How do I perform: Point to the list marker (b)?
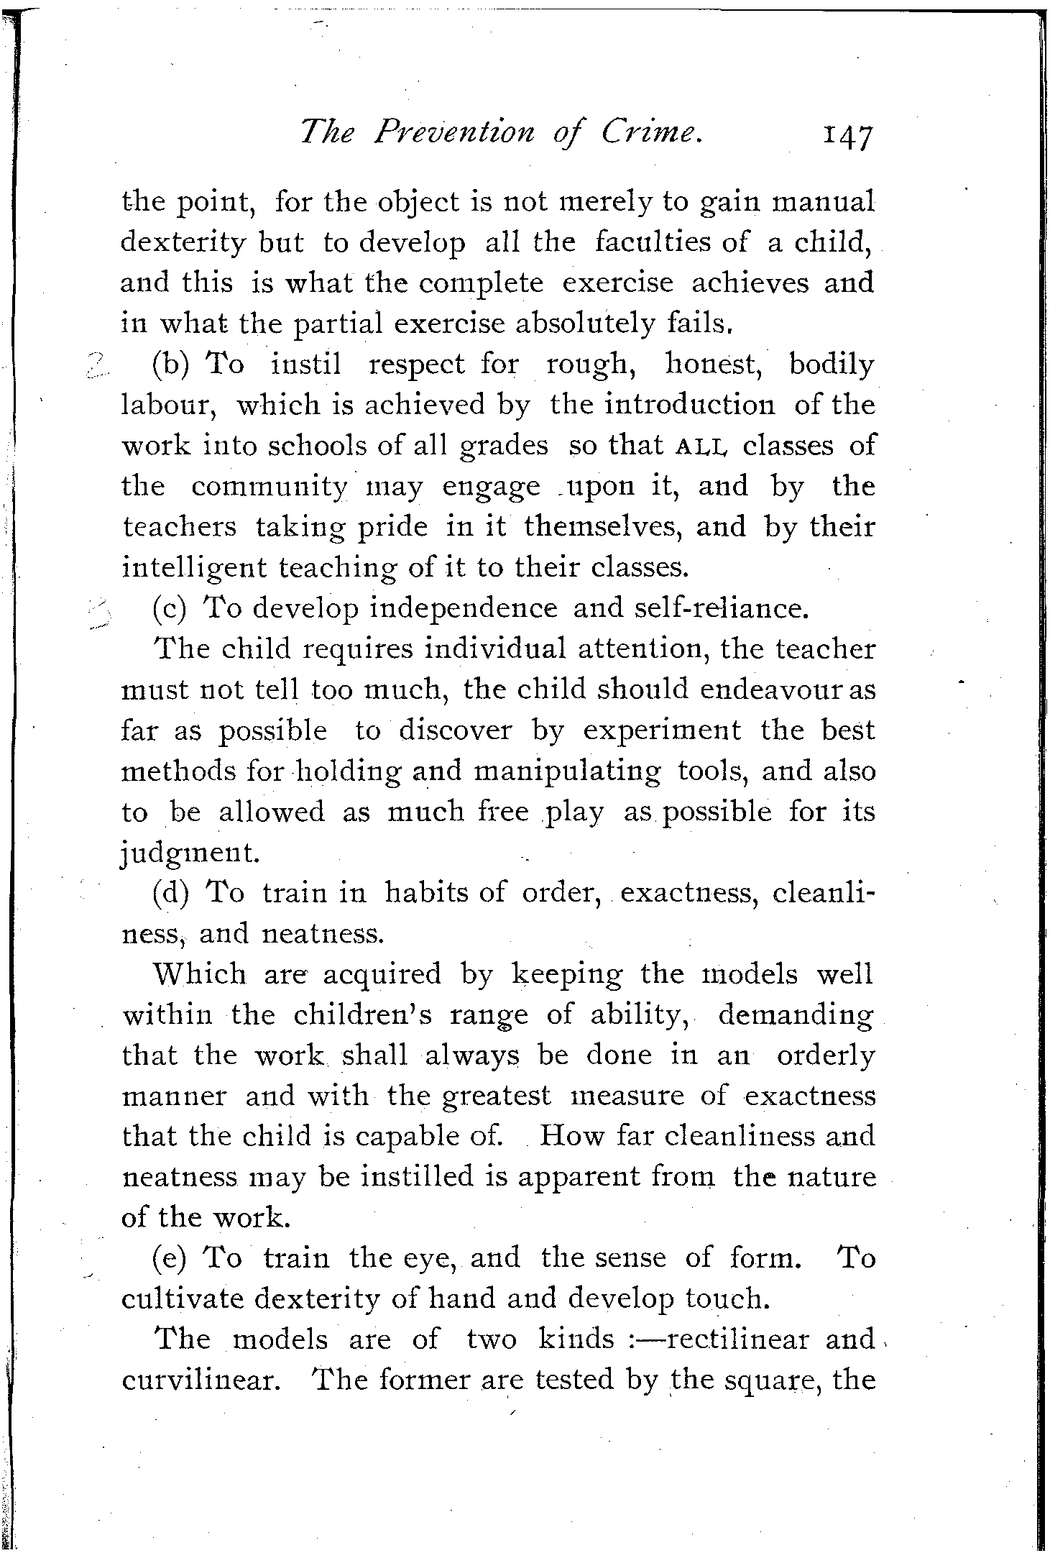[170, 365]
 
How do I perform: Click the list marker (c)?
[170, 608]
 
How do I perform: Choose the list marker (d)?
[170, 893]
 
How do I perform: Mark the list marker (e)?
[170, 1258]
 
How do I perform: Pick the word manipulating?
[568, 771]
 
